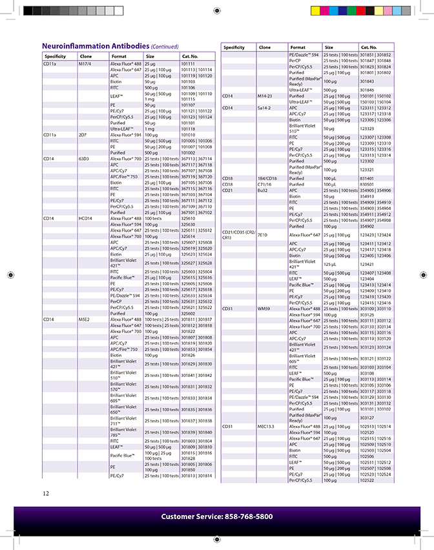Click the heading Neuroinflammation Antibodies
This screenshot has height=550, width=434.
pos(95,46)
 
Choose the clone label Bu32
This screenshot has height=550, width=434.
pos(262,190)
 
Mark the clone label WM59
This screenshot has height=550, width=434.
pos(263,309)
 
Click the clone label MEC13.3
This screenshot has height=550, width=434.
pos(266,427)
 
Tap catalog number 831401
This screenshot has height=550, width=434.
pos(367,178)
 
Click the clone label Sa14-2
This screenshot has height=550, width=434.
pos(264,108)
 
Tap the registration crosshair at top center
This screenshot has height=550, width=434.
pos(216,10)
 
